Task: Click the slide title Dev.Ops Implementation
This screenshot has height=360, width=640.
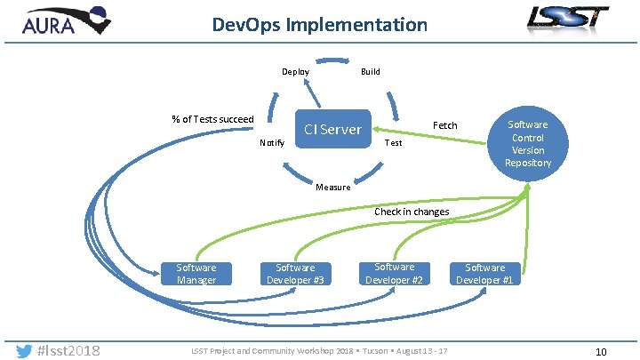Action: coord(320,24)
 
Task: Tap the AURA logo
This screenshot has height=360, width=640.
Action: coord(61,21)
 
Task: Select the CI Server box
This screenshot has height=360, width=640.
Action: coord(332,130)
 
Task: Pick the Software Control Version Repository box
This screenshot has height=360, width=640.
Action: coord(528,143)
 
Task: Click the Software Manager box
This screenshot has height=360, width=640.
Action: coord(196,273)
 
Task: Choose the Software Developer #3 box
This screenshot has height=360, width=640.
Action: coord(295,273)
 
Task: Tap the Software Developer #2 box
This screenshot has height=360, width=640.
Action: coord(394,273)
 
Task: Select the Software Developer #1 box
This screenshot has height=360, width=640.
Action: coord(485,274)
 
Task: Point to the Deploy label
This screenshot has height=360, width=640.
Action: coord(296,72)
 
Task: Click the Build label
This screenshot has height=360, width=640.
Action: coord(371,72)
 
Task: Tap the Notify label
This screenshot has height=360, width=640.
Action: coord(272,143)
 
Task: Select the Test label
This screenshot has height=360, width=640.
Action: coord(392,143)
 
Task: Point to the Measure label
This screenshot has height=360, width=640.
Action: coord(333,188)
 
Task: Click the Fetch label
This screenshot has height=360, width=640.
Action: coord(444,125)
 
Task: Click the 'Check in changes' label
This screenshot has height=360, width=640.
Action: coord(412,212)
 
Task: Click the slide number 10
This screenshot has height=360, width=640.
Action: coord(601,352)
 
